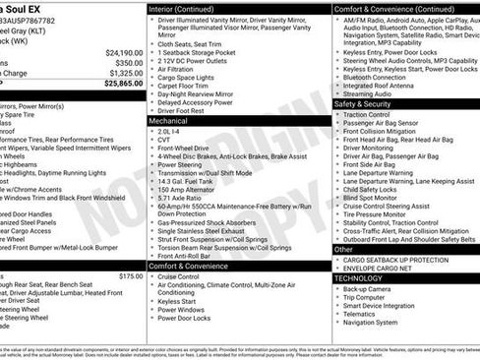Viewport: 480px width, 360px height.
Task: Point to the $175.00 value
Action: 131,277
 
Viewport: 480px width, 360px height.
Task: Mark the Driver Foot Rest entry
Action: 181,111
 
